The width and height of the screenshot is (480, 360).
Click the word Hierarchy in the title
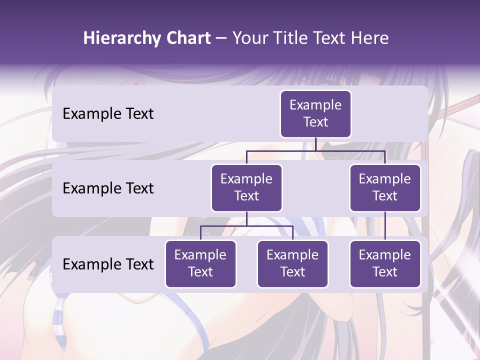click(x=121, y=38)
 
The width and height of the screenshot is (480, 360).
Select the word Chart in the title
click(x=186, y=38)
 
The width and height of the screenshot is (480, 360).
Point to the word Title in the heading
click(x=294, y=38)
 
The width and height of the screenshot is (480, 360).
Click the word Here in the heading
click(x=369, y=38)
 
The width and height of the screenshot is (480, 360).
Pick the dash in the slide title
click(x=221, y=38)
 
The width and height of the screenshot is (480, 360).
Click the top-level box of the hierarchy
click(x=315, y=113)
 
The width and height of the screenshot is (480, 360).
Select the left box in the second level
click(x=246, y=187)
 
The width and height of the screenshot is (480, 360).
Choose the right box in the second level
click(x=385, y=187)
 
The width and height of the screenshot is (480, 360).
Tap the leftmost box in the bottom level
click(x=200, y=263)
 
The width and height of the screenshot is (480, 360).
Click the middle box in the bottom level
click(x=292, y=263)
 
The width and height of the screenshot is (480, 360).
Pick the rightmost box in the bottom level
click(x=385, y=263)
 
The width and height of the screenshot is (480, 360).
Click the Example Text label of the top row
click(x=108, y=113)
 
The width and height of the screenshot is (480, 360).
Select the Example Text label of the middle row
click(x=108, y=188)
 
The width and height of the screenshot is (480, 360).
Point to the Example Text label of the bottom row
click(x=108, y=264)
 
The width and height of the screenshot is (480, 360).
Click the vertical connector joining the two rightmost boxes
click(x=385, y=226)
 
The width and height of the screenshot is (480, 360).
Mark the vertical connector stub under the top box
click(x=315, y=144)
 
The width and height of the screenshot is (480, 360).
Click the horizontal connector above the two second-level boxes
click(x=315, y=150)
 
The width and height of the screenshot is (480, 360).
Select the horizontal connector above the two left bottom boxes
click(x=246, y=226)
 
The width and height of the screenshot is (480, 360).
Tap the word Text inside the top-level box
click(x=315, y=122)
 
